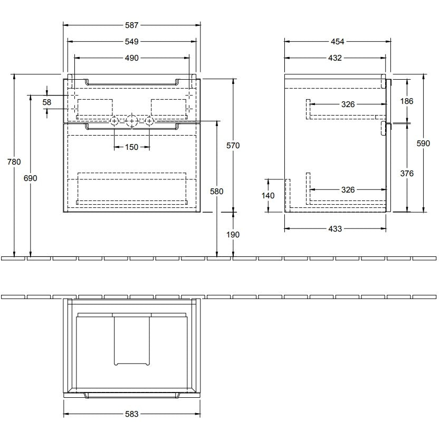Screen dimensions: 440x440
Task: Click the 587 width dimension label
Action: (131, 25)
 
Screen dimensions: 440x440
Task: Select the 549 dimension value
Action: (131, 42)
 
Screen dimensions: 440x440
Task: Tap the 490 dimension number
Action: (131, 58)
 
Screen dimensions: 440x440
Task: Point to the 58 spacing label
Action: (47, 102)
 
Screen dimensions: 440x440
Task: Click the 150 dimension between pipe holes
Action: (131, 147)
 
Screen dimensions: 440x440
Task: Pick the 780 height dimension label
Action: (14, 161)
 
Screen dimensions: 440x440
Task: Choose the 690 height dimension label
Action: (30, 178)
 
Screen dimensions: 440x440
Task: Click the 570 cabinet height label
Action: (233, 146)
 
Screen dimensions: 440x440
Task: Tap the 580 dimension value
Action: (217, 192)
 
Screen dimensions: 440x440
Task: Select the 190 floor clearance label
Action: (233, 235)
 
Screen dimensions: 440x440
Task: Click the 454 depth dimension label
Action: (337, 42)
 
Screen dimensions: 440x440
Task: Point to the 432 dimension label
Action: (335, 58)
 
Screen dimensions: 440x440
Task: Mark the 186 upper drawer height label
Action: (407, 101)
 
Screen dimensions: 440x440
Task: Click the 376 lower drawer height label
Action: (407, 174)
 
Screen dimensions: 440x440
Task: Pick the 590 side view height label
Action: (423, 144)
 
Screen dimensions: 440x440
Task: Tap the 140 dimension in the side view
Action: (268, 196)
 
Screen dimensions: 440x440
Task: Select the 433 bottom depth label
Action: (335, 229)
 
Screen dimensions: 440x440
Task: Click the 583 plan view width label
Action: (131, 414)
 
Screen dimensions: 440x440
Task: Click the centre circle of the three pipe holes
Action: (131, 121)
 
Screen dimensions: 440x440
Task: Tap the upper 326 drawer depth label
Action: (348, 104)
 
